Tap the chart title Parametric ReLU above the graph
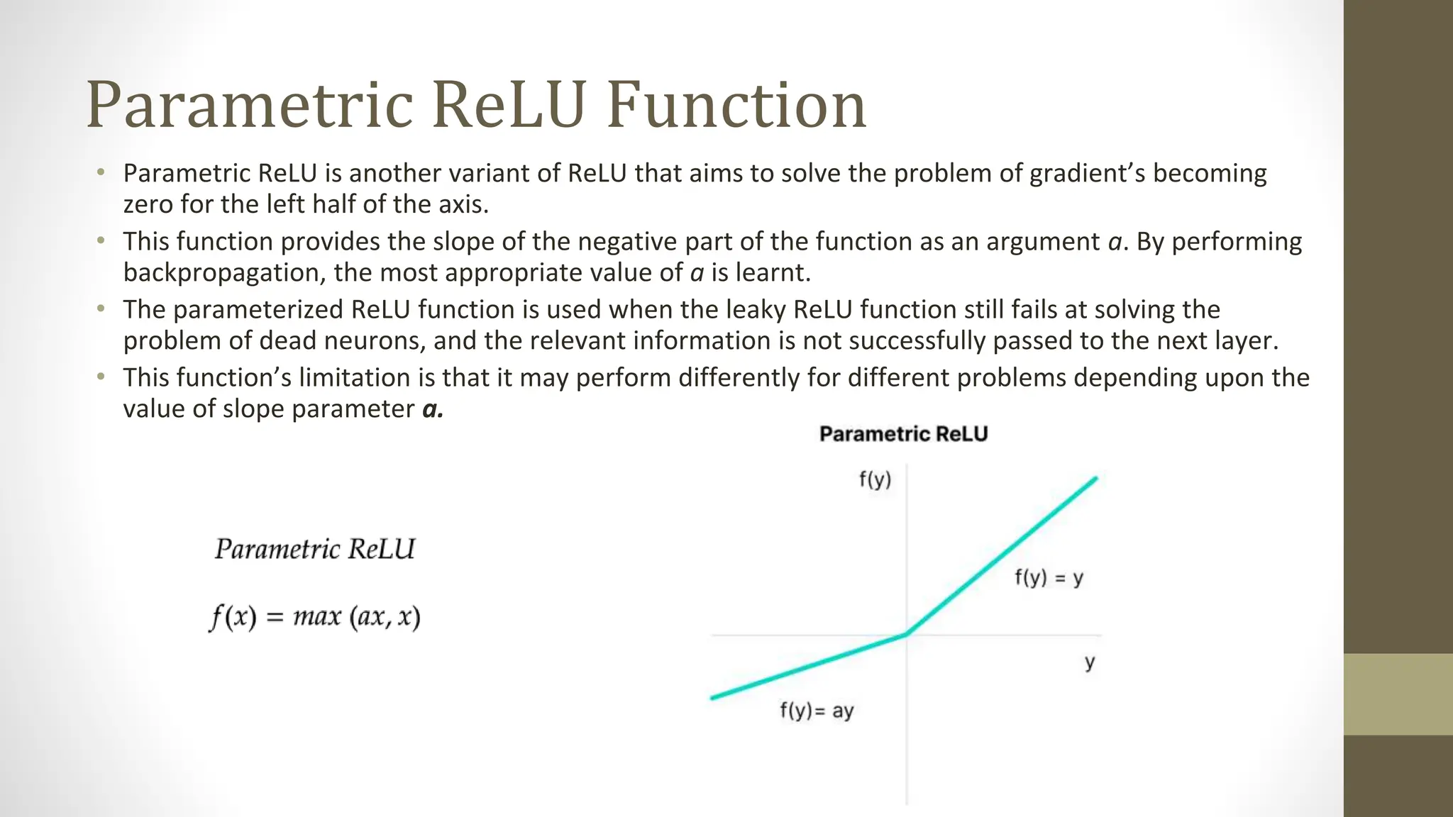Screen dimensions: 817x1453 click(x=903, y=434)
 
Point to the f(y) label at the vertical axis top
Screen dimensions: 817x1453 click(x=875, y=480)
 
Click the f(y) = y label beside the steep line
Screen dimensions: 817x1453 click(x=1049, y=578)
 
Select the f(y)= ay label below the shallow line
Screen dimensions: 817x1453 click(x=817, y=711)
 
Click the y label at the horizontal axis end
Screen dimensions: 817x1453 click(x=1090, y=662)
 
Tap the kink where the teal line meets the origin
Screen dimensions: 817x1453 click(x=906, y=635)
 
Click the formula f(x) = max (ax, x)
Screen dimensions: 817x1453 click(x=315, y=617)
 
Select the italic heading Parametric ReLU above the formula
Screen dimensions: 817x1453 click(x=315, y=550)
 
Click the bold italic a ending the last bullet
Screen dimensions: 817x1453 click(x=432, y=409)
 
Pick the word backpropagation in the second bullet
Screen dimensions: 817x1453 click(x=223, y=272)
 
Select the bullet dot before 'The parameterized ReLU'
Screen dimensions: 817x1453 click(x=101, y=309)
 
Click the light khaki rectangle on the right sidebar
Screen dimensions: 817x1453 click(x=1398, y=694)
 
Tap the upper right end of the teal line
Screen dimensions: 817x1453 click(x=1095, y=479)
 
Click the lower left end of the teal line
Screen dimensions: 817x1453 click(x=713, y=698)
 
